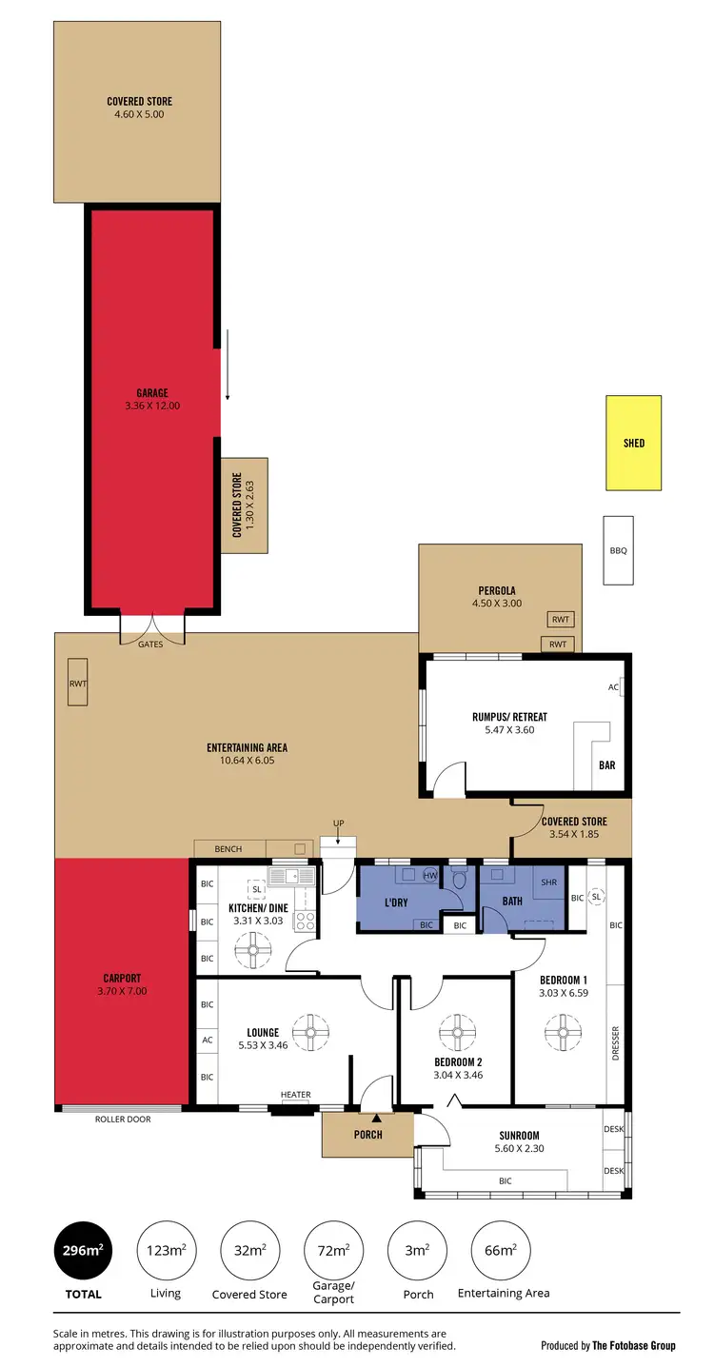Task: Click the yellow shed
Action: tap(634, 443)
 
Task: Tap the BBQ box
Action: tap(618, 550)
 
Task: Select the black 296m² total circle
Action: tap(84, 1250)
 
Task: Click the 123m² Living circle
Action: tap(166, 1250)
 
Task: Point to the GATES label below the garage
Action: tap(150, 644)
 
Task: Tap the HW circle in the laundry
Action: tap(429, 874)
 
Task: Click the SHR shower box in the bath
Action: tap(548, 882)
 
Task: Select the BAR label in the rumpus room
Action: tap(606, 764)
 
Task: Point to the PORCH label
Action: tap(367, 1134)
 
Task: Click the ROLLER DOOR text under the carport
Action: tap(122, 1119)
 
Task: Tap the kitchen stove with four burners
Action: tap(306, 921)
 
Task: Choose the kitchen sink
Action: tap(290, 876)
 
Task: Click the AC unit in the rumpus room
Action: tap(615, 686)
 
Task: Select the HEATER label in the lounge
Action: tap(295, 1095)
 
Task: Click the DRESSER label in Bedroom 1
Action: tap(615, 1043)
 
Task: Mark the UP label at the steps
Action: tap(338, 823)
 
